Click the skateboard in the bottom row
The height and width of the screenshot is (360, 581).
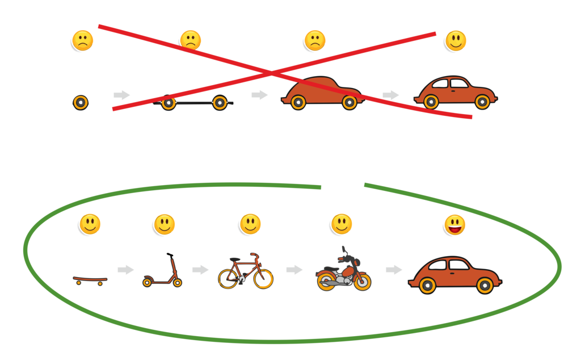[90, 279]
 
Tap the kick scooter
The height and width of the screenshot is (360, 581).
[162, 275]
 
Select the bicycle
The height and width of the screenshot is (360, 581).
[246, 271]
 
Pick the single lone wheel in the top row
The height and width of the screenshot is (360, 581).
[81, 103]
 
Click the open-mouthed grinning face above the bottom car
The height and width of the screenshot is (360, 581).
[454, 225]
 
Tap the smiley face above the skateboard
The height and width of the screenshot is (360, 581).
[90, 224]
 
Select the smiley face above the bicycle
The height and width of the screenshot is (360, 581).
[250, 224]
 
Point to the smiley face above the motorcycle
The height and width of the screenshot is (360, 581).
[342, 224]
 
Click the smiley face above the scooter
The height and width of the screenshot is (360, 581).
[165, 224]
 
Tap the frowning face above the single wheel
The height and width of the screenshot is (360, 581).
[82, 40]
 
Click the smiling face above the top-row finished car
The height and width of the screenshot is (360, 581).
[456, 41]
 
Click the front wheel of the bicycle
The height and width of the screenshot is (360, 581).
[263, 279]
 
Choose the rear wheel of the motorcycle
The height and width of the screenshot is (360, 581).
[327, 281]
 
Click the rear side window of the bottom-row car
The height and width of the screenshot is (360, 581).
[438, 265]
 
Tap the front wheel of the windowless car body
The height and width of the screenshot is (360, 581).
[350, 102]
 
